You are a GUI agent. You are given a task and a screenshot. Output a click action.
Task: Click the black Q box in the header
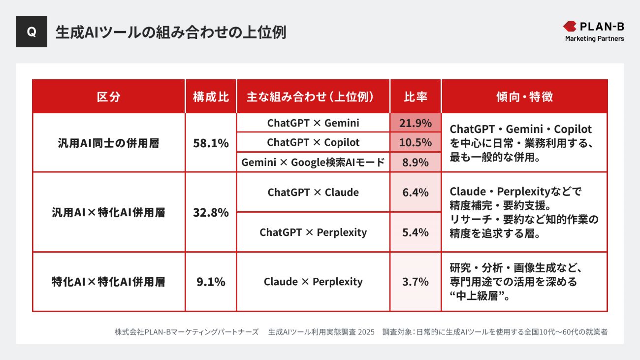[32, 32]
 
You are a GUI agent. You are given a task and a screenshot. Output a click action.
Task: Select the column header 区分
[109, 97]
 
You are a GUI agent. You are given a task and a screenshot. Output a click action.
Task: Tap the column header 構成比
[211, 97]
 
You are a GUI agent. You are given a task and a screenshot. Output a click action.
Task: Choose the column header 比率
[416, 97]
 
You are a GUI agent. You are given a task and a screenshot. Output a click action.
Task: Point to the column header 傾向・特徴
[524, 97]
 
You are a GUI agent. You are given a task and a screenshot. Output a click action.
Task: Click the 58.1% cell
[211, 143]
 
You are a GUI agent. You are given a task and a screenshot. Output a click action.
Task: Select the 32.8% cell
[211, 212]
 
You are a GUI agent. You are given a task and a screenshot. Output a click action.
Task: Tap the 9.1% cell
[211, 282]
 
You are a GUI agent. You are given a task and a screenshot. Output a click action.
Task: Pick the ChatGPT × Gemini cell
[313, 123]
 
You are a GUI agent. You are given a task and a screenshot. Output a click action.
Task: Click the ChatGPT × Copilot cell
[313, 142]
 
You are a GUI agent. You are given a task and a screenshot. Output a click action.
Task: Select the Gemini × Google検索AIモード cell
[313, 163]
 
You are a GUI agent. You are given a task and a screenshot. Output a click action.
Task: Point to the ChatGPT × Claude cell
[313, 192]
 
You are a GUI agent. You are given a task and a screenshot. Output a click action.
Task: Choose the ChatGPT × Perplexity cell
[313, 232]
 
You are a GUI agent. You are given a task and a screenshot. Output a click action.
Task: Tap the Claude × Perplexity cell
[313, 282]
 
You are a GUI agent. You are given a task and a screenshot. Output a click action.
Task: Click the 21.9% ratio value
[416, 123]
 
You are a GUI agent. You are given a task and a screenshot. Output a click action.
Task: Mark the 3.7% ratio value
[416, 282]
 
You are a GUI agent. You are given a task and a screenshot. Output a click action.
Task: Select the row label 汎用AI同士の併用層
[109, 143]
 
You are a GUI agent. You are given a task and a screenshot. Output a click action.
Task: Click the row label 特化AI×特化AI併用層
[109, 282]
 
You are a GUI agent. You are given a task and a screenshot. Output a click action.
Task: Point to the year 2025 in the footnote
[367, 332]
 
